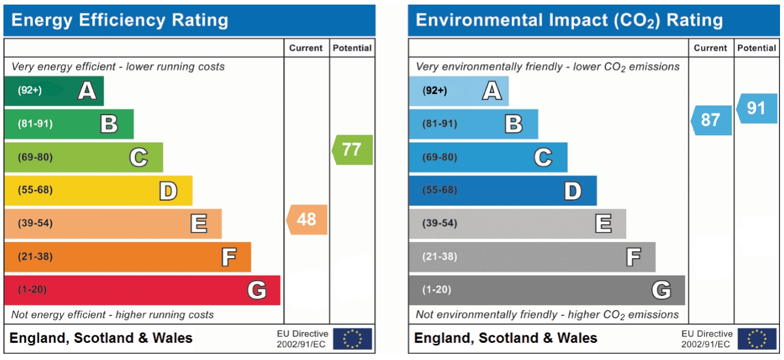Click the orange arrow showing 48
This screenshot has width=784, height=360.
(307, 220)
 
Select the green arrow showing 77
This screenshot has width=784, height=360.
(352, 150)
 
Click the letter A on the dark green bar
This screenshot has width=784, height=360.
(87, 91)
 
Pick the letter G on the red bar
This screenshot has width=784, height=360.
(257, 290)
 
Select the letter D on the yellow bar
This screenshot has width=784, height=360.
(168, 191)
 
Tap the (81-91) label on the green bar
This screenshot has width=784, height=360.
(36, 124)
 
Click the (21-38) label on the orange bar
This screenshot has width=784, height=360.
(36, 257)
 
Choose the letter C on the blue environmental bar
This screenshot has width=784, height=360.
(543, 157)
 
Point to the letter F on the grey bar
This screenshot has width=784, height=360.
(633, 257)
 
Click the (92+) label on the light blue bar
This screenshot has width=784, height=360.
(435, 91)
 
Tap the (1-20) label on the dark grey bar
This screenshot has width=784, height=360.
(436, 290)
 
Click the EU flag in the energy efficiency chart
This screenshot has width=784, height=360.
(352, 339)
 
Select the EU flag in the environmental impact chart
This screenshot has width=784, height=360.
(756, 339)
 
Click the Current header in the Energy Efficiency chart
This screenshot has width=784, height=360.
(306, 48)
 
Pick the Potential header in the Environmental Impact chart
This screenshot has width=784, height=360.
(756, 48)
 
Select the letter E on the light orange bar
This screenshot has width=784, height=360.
(198, 224)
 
